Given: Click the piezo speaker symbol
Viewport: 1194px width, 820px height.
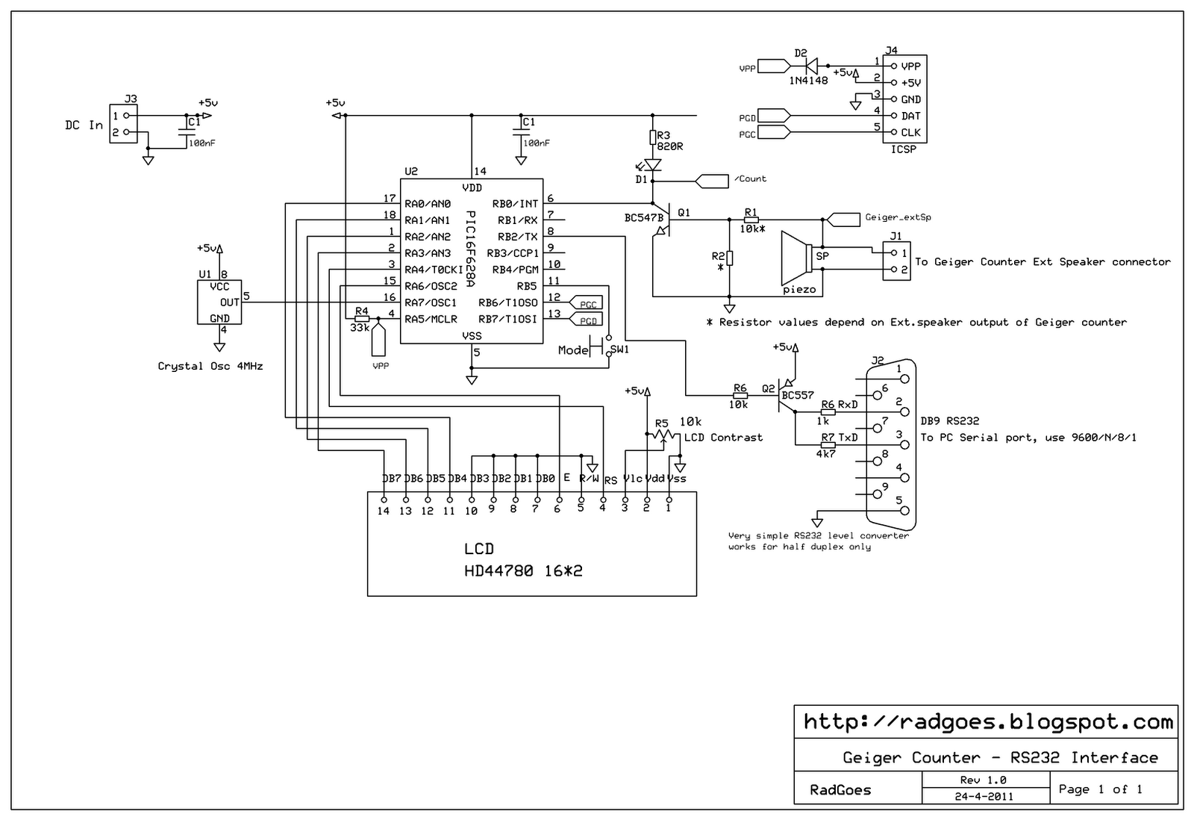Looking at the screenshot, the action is (797, 258).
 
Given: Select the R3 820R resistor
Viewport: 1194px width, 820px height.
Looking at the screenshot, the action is (653, 137).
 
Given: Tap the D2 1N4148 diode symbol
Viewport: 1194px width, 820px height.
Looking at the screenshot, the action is (810, 66).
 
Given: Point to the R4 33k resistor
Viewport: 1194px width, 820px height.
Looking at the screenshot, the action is (362, 318).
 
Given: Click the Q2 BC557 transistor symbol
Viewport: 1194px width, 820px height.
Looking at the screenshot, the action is (784, 396).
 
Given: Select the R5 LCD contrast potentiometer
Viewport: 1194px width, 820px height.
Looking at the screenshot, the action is (662, 435).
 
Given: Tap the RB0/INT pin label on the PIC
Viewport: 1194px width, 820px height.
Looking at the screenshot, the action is (515, 203).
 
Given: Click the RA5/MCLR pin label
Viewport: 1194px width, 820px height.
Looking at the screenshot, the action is (431, 319).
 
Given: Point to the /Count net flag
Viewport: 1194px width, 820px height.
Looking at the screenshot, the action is (712, 181).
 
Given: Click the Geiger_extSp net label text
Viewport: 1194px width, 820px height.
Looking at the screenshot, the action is (898, 217).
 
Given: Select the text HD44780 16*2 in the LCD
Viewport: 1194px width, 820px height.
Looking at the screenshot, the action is (523, 571).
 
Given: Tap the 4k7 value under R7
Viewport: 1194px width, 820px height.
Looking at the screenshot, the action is (825, 454).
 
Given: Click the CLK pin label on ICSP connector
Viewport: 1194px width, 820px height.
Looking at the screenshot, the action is (911, 132).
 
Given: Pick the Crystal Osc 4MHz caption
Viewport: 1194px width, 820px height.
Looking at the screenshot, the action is (210, 367).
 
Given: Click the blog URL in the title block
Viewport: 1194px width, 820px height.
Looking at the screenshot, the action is (988, 722).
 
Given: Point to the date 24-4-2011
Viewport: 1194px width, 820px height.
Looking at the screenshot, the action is (984, 797).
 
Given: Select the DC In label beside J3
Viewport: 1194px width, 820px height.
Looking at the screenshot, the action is (84, 125).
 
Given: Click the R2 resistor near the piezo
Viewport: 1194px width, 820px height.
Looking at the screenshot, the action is (730, 258).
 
